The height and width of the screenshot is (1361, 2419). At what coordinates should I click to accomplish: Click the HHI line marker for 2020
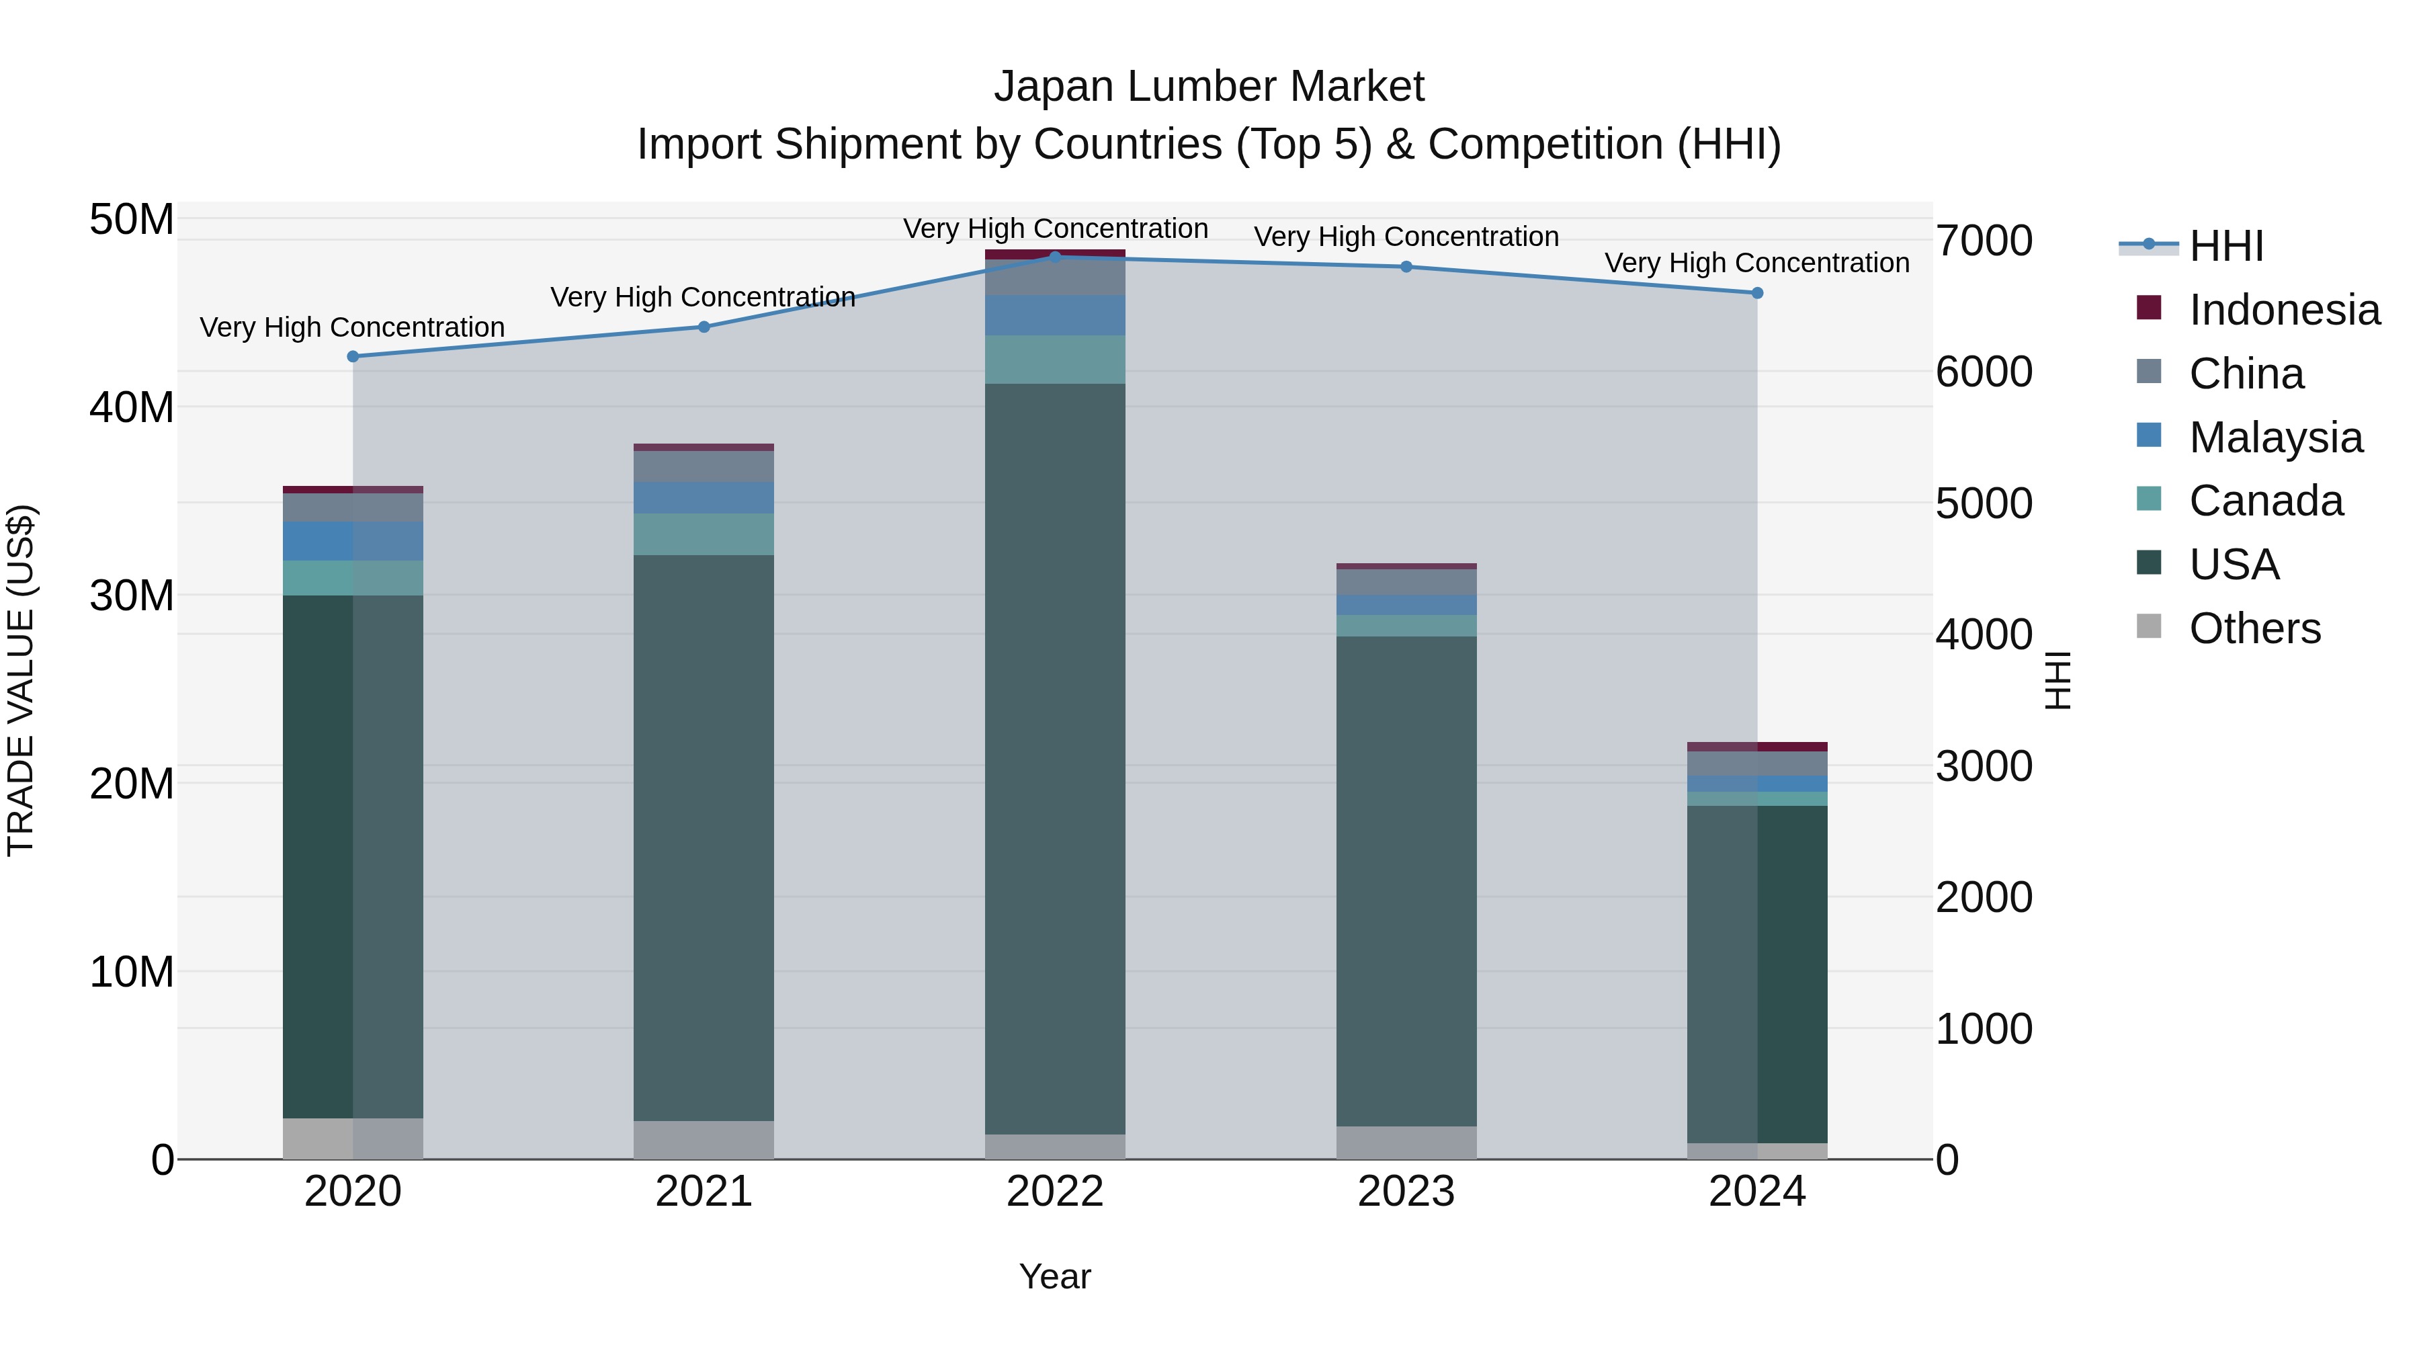tap(353, 356)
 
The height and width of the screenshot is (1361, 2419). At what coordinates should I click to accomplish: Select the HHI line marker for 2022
tap(1054, 257)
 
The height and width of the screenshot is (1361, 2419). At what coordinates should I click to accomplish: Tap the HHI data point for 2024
tap(1757, 293)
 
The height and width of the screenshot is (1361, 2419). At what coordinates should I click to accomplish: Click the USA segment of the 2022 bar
tap(1054, 758)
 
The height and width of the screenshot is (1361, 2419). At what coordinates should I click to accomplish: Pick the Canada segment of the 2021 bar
tap(704, 534)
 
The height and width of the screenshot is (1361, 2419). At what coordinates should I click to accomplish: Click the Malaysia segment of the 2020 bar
tap(353, 541)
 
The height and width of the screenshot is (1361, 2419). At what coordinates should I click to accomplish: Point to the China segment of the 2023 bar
tap(1406, 581)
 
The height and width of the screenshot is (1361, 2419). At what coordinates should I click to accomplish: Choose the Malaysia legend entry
tap(2275, 438)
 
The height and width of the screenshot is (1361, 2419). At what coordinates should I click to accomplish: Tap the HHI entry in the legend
tap(2225, 246)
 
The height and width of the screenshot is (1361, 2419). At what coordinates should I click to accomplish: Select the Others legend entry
tap(2254, 628)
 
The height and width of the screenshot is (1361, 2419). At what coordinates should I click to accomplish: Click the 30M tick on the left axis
tap(132, 595)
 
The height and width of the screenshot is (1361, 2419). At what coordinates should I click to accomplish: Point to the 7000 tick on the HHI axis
tap(1984, 241)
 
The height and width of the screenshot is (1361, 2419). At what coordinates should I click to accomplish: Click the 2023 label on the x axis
tap(1406, 1192)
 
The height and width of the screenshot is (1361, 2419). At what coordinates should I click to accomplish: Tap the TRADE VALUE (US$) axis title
tap(21, 680)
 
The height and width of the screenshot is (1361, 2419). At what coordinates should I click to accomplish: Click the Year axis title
tap(1054, 1276)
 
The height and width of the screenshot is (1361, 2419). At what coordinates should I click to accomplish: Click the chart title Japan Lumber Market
tap(1209, 87)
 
